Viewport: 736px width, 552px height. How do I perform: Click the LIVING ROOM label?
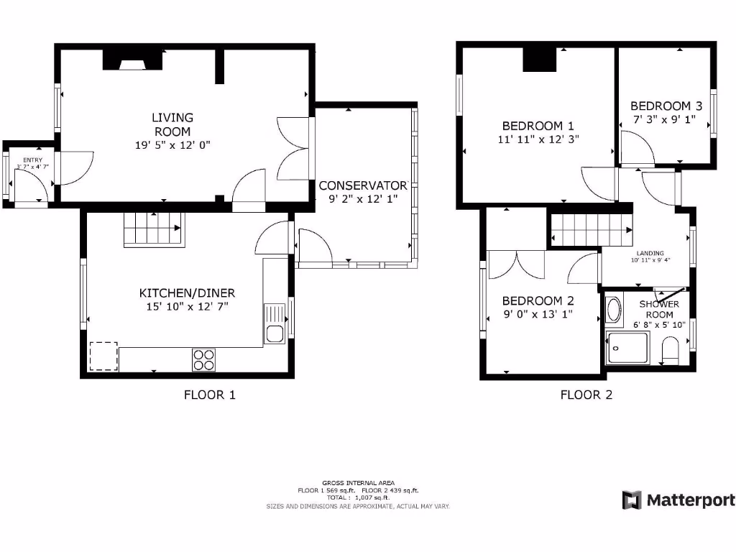172,124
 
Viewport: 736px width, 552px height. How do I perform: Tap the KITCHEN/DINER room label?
187,293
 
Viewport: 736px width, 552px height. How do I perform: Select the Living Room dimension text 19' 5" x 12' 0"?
172,144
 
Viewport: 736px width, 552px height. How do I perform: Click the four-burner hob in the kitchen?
204,359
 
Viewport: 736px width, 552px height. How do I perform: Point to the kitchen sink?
274,333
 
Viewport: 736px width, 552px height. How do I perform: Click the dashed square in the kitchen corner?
103,356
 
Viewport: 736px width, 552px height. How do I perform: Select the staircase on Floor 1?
153,230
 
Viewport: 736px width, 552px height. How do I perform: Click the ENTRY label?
33,160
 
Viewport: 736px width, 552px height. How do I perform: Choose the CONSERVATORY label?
364,185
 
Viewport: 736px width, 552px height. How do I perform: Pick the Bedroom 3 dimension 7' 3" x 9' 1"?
663,119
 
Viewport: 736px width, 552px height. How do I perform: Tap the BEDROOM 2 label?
538,300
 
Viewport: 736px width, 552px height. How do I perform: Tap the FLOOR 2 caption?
586,395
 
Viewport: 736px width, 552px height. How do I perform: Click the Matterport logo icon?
631,500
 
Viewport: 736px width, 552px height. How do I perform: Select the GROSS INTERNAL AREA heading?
358,483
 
